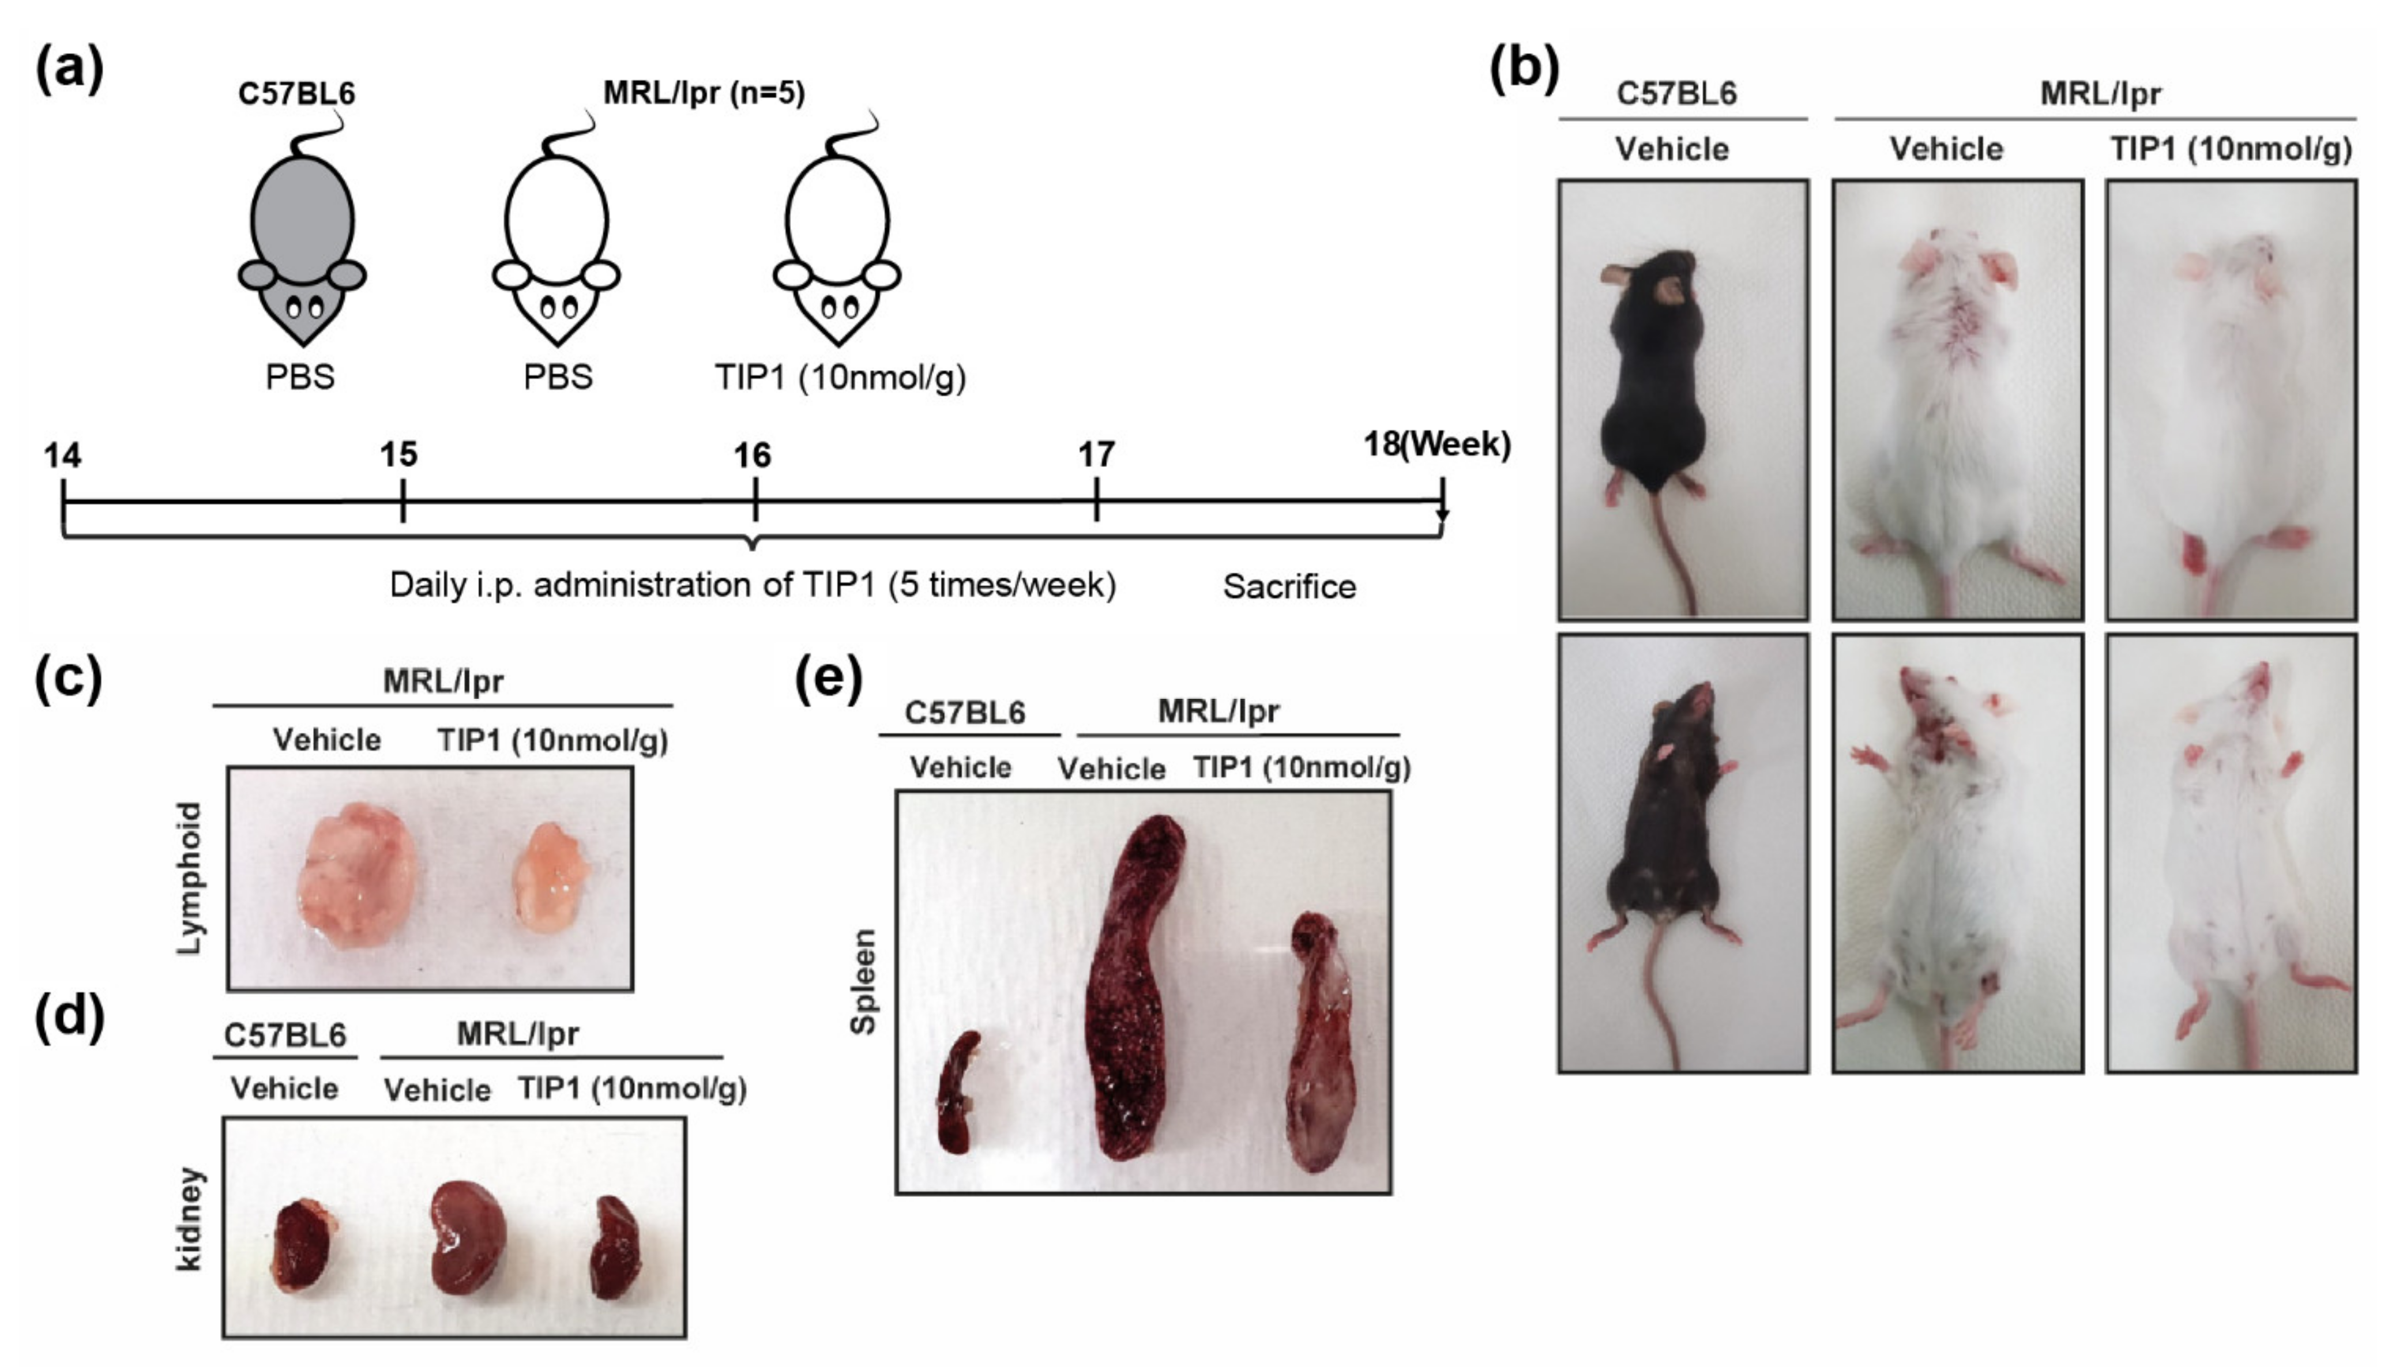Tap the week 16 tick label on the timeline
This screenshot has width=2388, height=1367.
pos(752,456)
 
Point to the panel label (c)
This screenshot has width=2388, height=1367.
pos(67,678)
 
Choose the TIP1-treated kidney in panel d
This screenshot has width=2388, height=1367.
pos(615,1247)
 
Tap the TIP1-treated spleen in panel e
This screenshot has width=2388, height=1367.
pos(1319,1042)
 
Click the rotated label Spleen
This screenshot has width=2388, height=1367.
pos(862,981)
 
